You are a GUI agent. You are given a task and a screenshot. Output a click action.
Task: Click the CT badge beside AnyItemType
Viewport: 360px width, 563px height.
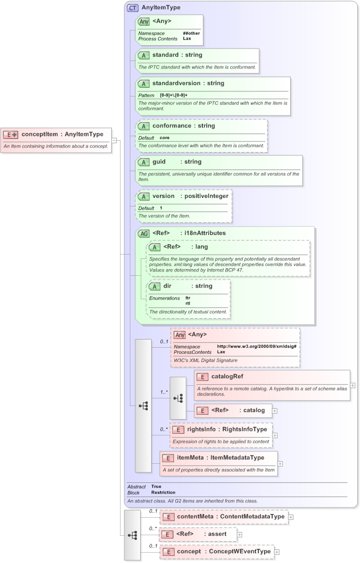pyautogui.click(x=132, y=8)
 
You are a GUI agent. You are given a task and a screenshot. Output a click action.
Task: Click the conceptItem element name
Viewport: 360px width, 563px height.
pyautogui.click(x=39, y=135)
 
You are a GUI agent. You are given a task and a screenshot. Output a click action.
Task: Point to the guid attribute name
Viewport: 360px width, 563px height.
pyautogui.click(x=162, y=162)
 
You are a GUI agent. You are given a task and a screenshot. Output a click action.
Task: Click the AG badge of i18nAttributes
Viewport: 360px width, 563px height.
pyautogui.click(x=144, y=233)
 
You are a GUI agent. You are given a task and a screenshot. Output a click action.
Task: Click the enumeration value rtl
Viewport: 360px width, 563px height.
pyautogui.click(x=188, y=303)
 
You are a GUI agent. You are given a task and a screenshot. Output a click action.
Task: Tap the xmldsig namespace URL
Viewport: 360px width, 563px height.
pyautogui.click(x=256, y=346)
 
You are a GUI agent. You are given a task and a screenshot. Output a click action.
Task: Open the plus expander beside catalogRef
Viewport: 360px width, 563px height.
pyautogui.click(x=353, y=385)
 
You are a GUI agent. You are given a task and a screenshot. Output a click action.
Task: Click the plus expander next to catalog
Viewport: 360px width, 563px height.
pyautogui.click(x=275, y=410)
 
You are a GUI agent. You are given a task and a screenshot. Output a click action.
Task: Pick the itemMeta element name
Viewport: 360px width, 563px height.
pyautogui.click(x=190, y=458)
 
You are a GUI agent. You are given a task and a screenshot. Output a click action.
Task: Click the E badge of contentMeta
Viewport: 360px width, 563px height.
pyautogui.click(x=169, y=517)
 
